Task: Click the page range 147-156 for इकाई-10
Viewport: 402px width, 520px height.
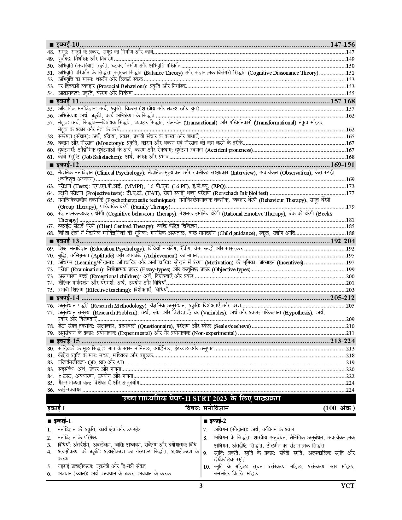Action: pos(342,44)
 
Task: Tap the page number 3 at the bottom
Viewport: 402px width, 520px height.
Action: pos(201,486)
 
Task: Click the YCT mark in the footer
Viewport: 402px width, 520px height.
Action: pos(347,486)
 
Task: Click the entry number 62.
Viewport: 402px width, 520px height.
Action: pos(50,173)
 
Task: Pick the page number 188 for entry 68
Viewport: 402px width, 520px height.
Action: pos(350,234)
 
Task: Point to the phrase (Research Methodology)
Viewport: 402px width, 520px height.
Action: pos(119,306)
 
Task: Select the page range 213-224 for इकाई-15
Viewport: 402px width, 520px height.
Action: pos(342,341)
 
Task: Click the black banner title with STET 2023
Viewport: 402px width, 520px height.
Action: pos(201,399)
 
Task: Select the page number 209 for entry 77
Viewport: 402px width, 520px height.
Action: pos(350,319)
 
